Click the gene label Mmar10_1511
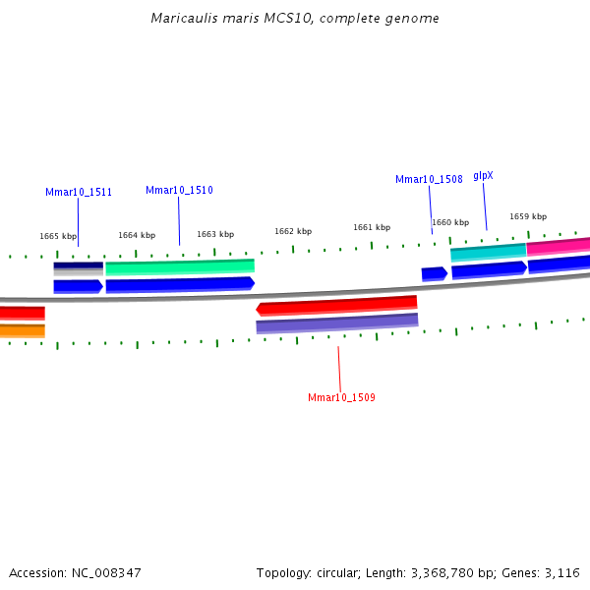click(79, 193)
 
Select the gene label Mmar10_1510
click(179, 191)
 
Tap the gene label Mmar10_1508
click(429, 180)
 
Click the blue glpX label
click(483, 176)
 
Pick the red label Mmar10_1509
click(341, 398)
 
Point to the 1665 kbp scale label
click(58, 237)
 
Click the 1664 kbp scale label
click(137, 236)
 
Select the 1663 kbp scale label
click(215, 235)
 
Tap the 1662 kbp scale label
click(293, 232)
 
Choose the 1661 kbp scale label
click(372, 228)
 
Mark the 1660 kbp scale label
click(450, 223)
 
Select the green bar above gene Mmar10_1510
click(180, 266)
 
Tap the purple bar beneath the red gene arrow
click(337, 323)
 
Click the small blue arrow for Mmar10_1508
click(434, 274)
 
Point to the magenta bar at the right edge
click(559, 246)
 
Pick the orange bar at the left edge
click(22, 330)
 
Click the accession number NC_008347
click(103, 572)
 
